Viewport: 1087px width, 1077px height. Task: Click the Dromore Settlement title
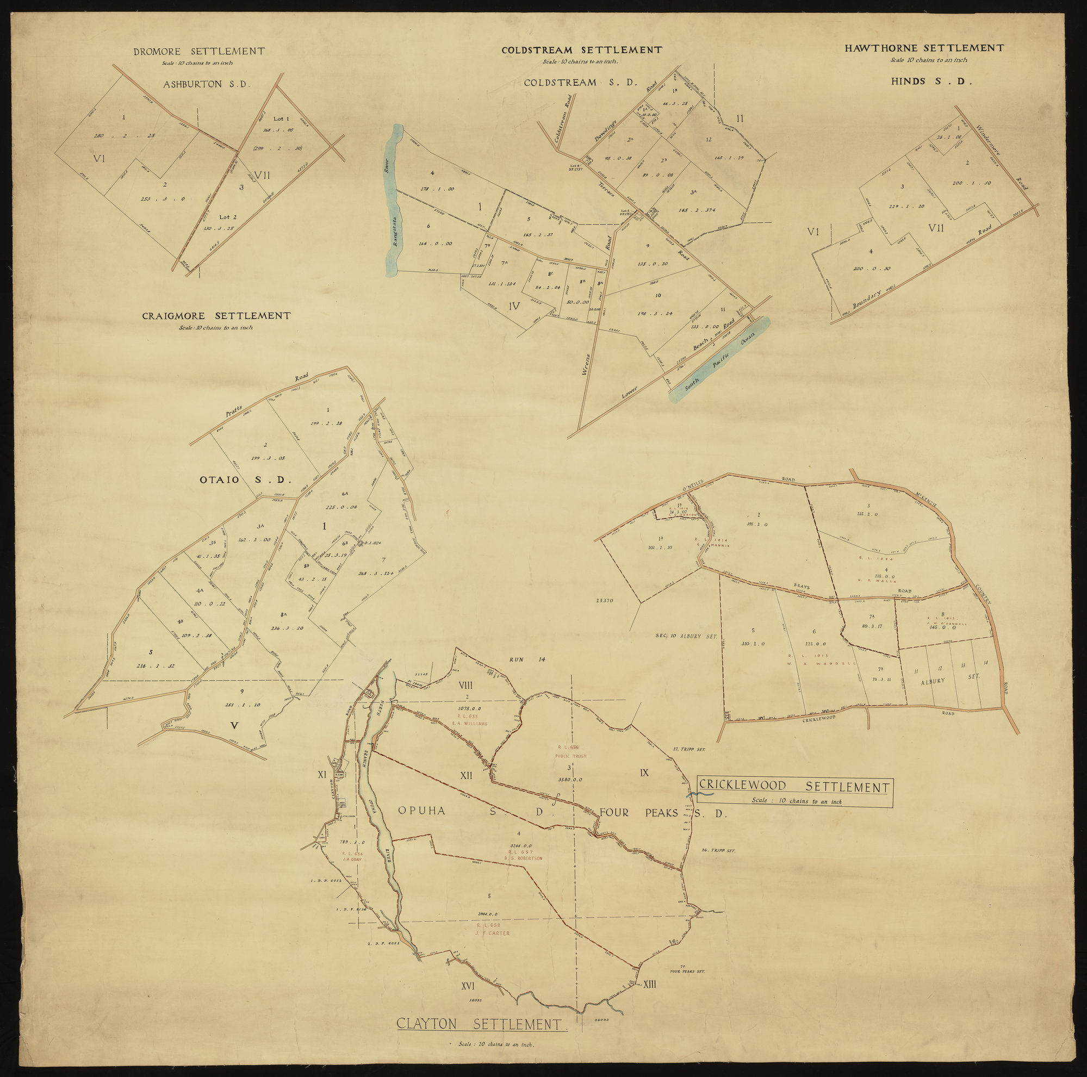[198, 52]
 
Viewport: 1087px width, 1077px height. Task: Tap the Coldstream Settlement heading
[582, 50]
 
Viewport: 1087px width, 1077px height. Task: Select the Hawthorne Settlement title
[924, 48]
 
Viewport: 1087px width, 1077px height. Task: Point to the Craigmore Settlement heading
[216, 316]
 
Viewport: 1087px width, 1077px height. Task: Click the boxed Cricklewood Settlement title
[794, 787]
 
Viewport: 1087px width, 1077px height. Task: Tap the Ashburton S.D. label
[206, 85]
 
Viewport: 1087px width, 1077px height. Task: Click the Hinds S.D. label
[931, 82]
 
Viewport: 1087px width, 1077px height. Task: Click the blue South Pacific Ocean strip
[718, 360]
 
